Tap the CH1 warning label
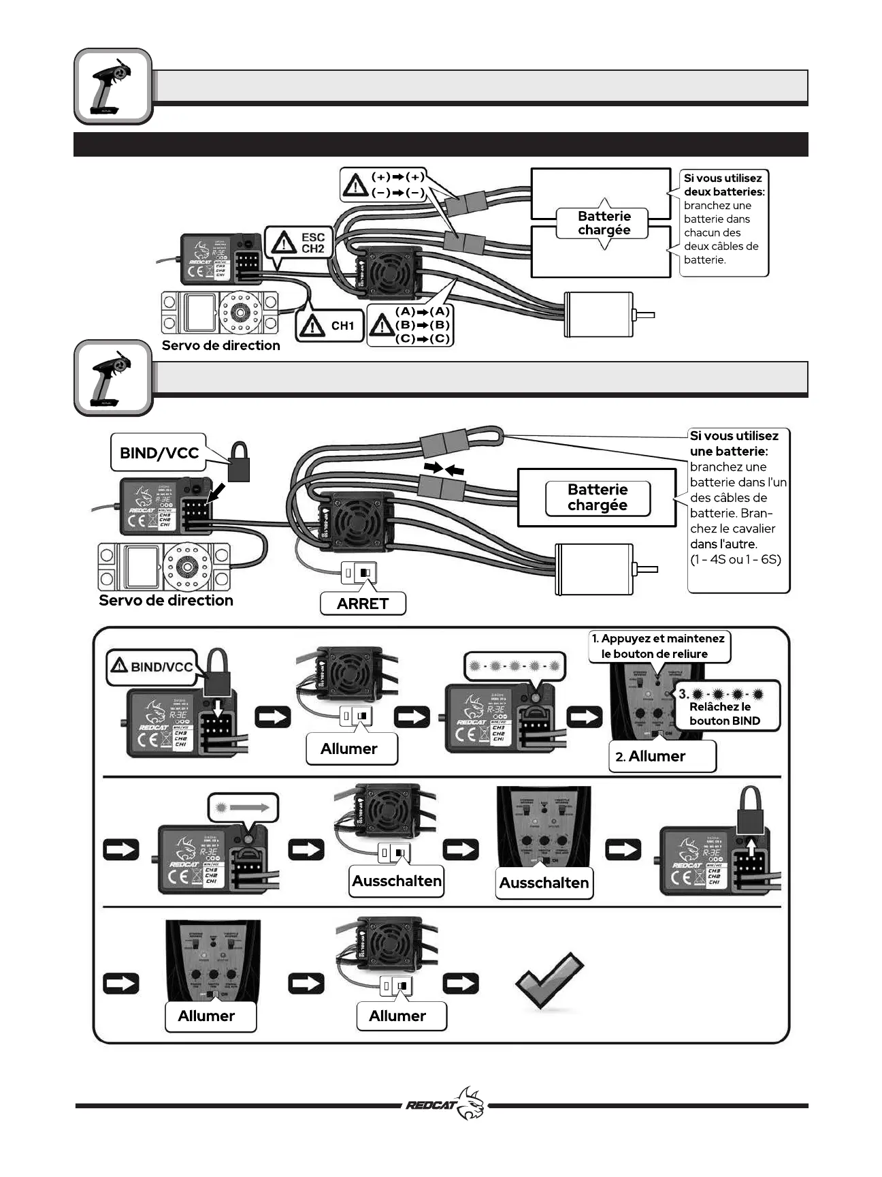coord(330,326)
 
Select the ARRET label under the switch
coord(363,603)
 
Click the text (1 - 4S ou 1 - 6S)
coord(736,560)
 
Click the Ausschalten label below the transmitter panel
coord(544,883)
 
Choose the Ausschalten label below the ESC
coord(397,881)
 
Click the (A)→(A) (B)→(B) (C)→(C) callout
coord(410,326)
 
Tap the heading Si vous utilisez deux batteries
coord(723,185)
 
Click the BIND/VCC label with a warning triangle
coord(152,667)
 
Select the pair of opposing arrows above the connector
coord(443,469)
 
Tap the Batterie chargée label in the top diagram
coord(604,223)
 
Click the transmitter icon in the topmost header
coord(113,87)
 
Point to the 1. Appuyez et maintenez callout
coord(658,646)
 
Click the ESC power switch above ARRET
coord(359,573)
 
